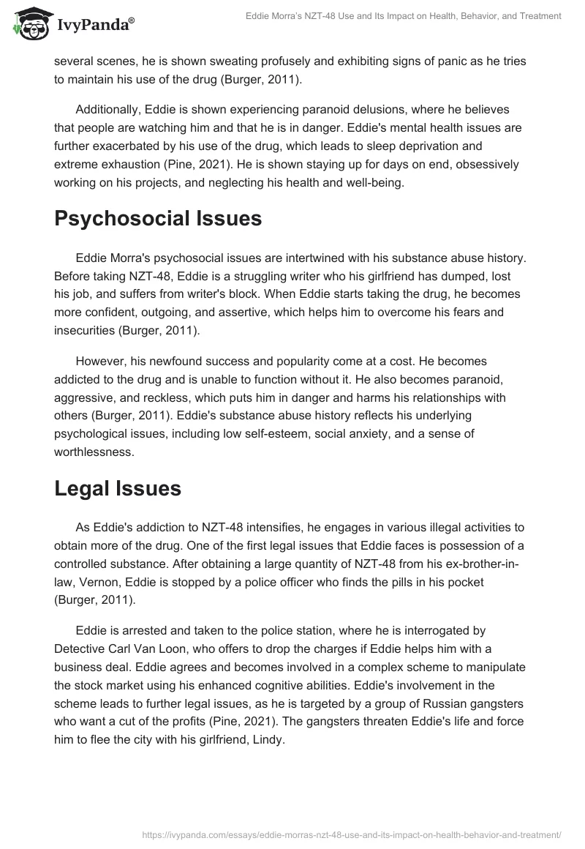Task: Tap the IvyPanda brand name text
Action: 94,26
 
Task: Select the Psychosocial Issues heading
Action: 158,219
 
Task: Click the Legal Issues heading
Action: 118,489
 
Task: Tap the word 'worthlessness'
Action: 94,452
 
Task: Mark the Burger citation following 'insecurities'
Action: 156,329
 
